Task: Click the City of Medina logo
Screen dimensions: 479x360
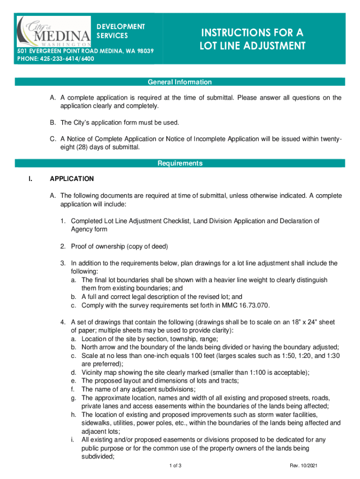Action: coord(53,30)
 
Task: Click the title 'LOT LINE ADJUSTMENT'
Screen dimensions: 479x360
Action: coord(252,46)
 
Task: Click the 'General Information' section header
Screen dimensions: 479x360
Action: coord(180,82)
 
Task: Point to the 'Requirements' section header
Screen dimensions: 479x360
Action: coord(180,163)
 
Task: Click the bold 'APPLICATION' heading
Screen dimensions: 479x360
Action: coord(72,179)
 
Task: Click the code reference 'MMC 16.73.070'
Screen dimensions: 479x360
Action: coord(246,305)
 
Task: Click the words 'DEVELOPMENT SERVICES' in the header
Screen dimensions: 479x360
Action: coord(121,31)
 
